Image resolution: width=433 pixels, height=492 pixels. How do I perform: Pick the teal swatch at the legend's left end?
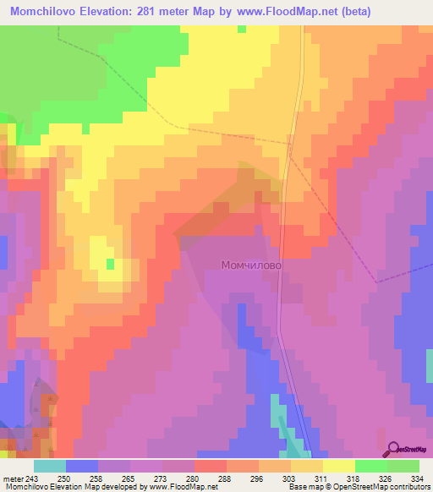[50, 467]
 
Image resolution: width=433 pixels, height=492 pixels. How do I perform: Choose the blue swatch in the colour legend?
[82, 467]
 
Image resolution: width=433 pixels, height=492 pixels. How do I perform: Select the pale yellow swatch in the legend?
[339, 467]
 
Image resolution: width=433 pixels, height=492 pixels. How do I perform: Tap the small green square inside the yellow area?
[110, 265]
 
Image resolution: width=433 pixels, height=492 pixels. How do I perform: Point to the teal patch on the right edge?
[429, 364]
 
